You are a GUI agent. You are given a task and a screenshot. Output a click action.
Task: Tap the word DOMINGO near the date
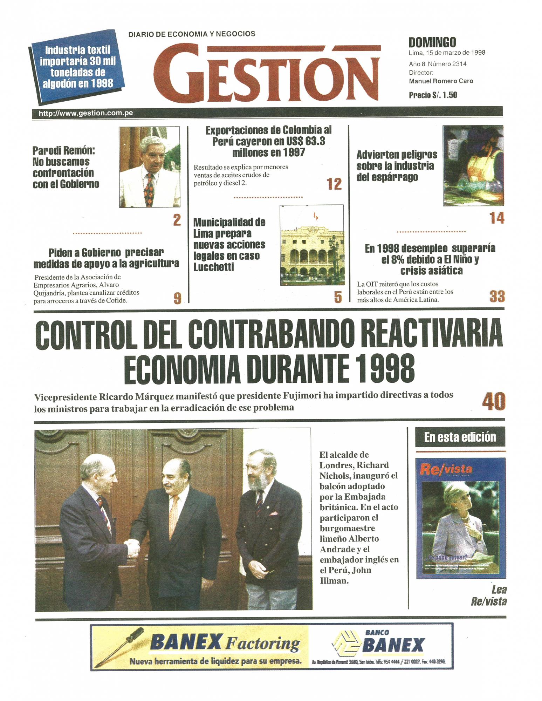(x=432, y=43)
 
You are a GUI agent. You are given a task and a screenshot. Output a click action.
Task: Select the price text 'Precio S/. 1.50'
(x=433, y=95)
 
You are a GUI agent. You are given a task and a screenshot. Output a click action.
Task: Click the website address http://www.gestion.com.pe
(x=86, y=113)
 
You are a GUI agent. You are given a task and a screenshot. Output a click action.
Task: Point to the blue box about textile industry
(x=77, y=67)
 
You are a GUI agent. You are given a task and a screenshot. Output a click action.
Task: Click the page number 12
(x=334, y=184)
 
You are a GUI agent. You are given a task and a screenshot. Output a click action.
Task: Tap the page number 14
(x=497, y=218)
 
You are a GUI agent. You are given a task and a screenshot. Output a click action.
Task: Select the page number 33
(x=497, y=297)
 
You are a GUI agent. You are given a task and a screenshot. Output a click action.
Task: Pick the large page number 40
(x=493, y=402)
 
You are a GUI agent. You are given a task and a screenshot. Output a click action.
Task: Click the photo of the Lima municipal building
(x=312, y=245)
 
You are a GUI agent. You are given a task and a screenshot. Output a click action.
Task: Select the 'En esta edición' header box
(x=460, y=437)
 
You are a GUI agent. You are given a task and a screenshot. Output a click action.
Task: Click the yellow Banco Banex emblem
(x=345, y=645)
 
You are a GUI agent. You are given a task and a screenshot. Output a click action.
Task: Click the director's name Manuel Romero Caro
(x=441, y=81)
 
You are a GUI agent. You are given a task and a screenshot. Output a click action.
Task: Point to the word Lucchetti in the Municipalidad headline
(x=213, y=267)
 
